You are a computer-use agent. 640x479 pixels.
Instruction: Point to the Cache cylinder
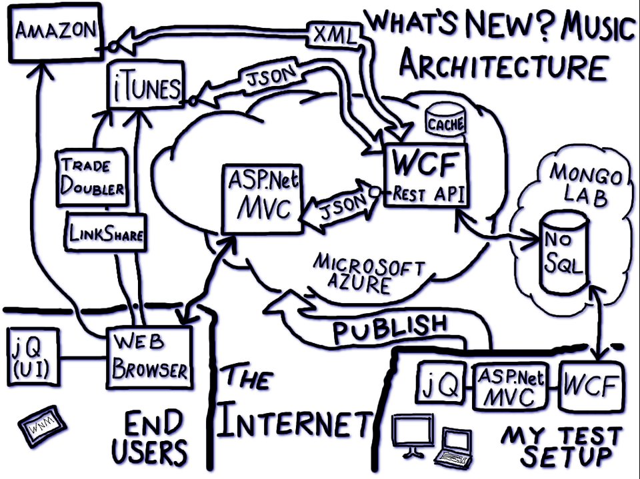[x=446, y=121]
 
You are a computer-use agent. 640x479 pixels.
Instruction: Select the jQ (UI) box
[x=30, y=358]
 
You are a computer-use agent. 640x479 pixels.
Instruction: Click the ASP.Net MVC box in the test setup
[x=508, y=386]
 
